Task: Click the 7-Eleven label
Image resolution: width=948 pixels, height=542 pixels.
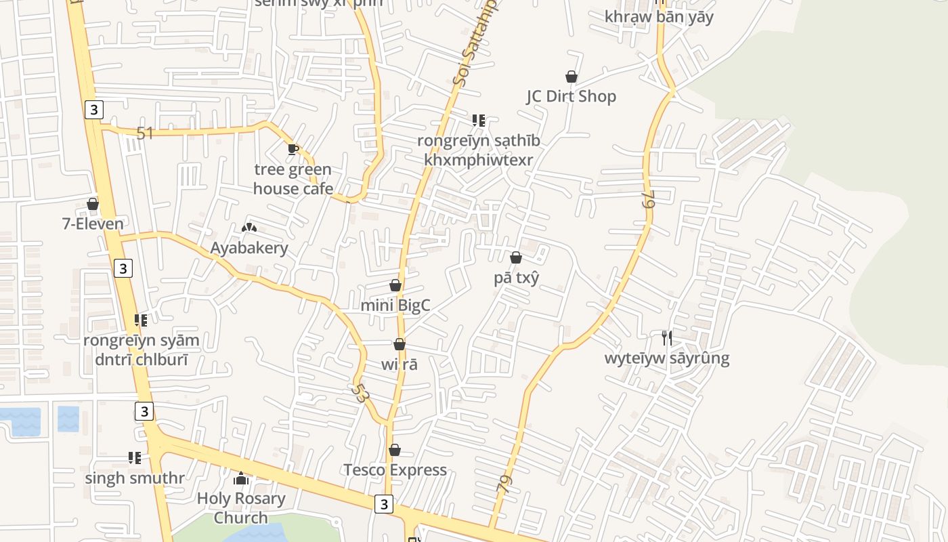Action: click(x=93, y=224)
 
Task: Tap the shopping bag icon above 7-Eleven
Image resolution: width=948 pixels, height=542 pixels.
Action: click(x=93, y=204)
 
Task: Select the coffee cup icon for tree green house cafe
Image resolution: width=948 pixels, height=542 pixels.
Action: click(x=293, y=150)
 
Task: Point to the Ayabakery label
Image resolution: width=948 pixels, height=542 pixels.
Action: click(x=249, y=248)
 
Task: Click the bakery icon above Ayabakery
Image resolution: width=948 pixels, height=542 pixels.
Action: click(x=249, y=228)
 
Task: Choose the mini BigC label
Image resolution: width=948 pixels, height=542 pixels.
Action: click(x=395, y=305)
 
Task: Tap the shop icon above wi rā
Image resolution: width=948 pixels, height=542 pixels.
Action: click(x=400, y=345)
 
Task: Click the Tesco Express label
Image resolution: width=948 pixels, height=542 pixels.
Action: click(x=395, y=470)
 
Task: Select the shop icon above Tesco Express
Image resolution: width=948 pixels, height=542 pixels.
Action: click(x=395, y=450)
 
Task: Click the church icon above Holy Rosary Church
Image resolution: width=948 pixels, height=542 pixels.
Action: click(x=241, y=479)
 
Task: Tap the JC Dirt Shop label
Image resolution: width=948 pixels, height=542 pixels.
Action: click(x=572, y=96)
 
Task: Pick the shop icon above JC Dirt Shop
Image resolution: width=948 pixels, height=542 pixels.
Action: click(x=572, y=77)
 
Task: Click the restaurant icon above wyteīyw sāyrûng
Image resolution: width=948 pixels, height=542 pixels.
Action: click(x=667, y=337)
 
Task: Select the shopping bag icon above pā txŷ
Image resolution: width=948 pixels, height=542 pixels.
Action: click(x=516, y=257)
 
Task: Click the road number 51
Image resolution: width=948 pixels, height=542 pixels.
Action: click(x=145, y=133)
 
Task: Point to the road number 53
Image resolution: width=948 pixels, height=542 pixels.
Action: click(x=360, y=394)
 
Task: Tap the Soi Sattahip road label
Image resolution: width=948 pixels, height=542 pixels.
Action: click(x=474, y=44)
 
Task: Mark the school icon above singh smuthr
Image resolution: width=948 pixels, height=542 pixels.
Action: click(x=135, y=458)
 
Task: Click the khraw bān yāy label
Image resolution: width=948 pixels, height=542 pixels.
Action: click(x=659, y=17)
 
